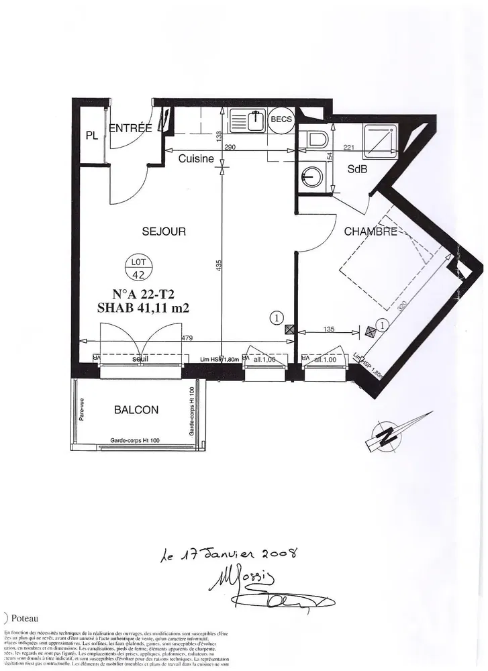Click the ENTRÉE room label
[x=130, y=129]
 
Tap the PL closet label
[x=92, y=136]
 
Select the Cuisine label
[x=196, y=159]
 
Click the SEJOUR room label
[x=164, y=231]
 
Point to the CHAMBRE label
[x=371, y=231]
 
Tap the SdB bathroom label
[x=356, y=170]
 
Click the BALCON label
[x=136, y=409]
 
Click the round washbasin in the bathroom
[x=312, y=177]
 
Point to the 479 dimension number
[x=187, y=338]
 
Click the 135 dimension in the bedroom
[x=329, y=329]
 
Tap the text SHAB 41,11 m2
[x=142, y=309]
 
